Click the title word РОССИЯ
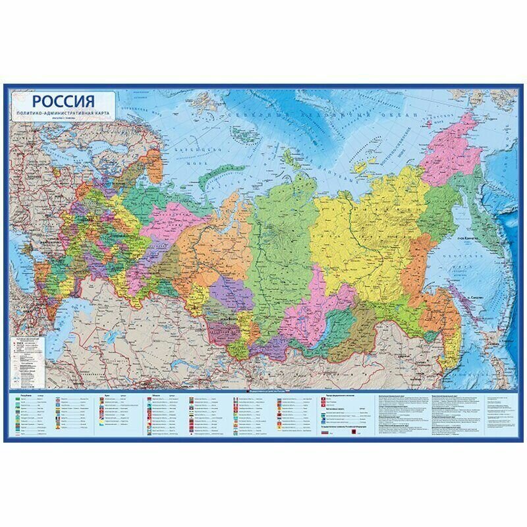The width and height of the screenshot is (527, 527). [63, 103]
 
